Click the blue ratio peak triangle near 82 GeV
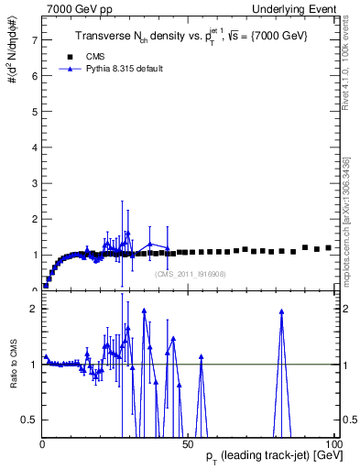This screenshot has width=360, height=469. tap(281, 311)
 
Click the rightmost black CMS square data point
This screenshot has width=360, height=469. tap(328, 247)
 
